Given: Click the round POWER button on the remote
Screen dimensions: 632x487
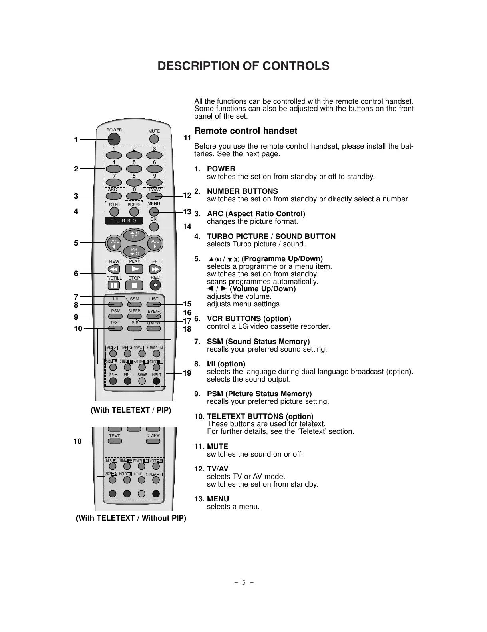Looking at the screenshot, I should point(113,139).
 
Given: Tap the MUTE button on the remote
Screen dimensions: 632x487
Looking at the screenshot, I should point(154,139).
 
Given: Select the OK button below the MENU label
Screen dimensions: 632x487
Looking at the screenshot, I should point(154,227).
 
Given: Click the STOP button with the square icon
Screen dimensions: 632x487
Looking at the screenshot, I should point(134,286).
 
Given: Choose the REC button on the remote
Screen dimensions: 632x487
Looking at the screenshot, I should point(155,285).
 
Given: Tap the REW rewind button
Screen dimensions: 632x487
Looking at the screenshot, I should point(114,269).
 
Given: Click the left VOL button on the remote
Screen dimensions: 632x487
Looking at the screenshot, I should point(114,243).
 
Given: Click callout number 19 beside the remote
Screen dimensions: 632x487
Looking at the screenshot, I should point(187,373).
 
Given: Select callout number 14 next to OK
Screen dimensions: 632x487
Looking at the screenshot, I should point(187,227).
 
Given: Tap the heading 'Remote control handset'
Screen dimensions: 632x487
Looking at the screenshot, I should point(246,131).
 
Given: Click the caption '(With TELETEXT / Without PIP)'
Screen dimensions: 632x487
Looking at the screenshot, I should point(131,518).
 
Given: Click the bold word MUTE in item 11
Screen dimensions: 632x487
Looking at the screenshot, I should point(217,446).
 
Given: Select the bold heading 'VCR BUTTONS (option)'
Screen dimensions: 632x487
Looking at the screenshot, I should point(249,319).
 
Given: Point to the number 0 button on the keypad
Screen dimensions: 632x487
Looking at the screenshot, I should point(134,196).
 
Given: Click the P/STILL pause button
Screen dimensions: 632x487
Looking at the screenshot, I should point(114,286).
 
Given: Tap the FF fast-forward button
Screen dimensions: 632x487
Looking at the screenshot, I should point(155,269).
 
